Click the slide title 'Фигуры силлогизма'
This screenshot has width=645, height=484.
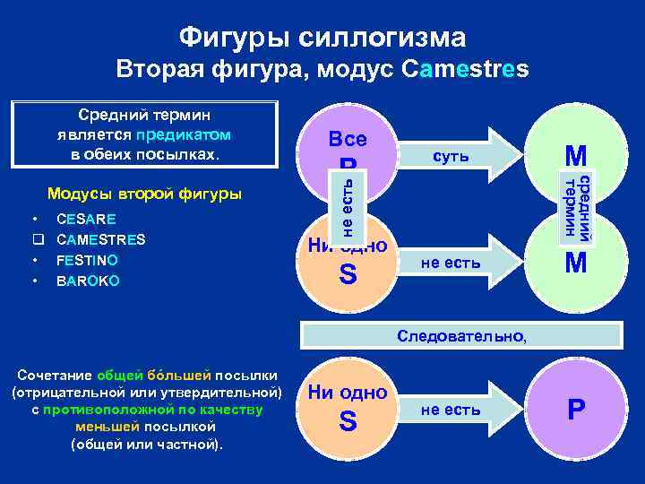(322, 37)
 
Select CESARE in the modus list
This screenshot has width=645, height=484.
(85, 219)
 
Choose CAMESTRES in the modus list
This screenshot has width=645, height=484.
(100, 239)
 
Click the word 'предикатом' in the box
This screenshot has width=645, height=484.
(183, 135)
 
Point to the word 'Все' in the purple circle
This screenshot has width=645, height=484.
(348, 141)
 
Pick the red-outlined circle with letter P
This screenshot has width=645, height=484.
(575, 410)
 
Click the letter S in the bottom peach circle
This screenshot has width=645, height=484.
(348, 421)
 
